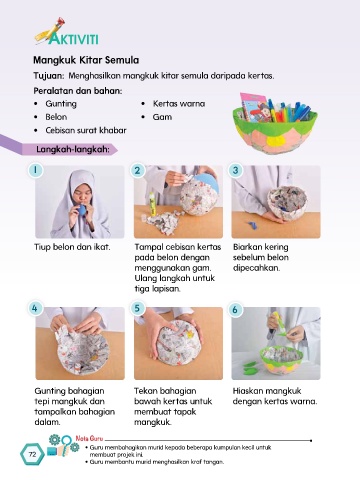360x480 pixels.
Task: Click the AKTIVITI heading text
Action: pos(73,38)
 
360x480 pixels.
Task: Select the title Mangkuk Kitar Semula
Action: pos(86,60)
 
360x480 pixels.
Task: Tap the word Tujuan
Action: pos(48,76)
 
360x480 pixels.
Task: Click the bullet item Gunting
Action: pos(61,104)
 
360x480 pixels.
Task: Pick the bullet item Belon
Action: pos(56,117)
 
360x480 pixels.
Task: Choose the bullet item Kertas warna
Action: pos(179,104)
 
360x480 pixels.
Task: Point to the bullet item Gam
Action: pos(162,117)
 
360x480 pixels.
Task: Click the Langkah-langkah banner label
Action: pos(73,149)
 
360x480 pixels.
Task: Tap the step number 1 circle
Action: pos(35,170)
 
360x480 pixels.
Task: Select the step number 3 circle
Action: pos(235,170)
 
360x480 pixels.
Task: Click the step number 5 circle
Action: pos(137,308)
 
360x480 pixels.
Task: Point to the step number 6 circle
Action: pos(235,310)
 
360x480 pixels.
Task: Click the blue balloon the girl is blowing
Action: pos(82,211)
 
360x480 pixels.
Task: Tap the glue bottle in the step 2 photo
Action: pos(152,204)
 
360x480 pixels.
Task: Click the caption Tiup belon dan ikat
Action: pos(72,247)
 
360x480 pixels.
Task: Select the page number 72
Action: pos(32,454)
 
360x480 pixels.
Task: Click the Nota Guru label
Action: pos(89,438)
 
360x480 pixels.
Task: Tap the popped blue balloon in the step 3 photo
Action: pos(252,225)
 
